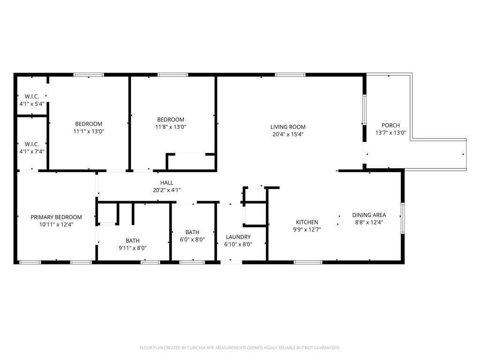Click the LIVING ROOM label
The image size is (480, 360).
pyautogui.click(x=288, y=127)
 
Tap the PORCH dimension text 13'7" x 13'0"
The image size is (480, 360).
pyautogui.click(x=390, y=133)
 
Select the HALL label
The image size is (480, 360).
pyautogui.click(x=167, y=183)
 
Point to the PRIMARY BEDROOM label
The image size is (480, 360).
pyautogui.click(x=56, y=217)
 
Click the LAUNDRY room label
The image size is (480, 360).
pyautogui.click(x=238, y=237)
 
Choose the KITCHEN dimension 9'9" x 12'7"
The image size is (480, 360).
pyautogui.click(x=307, y=230)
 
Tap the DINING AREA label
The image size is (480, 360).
pyautogui.click(x=369, y=215)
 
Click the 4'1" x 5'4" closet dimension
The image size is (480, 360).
pyautogui.click(x=32, y=104)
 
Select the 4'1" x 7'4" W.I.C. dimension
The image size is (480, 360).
pyautogui.click(x=32, y=151)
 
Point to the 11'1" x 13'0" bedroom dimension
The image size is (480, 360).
pyautogui.click(x=89, y=131)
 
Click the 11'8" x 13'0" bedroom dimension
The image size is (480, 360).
pyautogui.click(x=171, y=127)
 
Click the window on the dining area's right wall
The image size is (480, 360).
pyautogui.click(x=403, y=218)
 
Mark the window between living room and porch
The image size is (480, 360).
pyautogui.click(x=364, y=110)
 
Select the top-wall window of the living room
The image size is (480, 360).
pyautogui.click(x=290, y=75)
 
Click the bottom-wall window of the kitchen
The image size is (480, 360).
pyautogui.click(x=308, y=262)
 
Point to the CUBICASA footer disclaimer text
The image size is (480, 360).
pyautogui.click(x=240, y=348)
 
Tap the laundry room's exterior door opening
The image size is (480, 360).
pyautogui.click(x=231, y=262)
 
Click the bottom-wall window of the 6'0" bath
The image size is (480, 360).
pyautogui.click(x=192, y=262)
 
